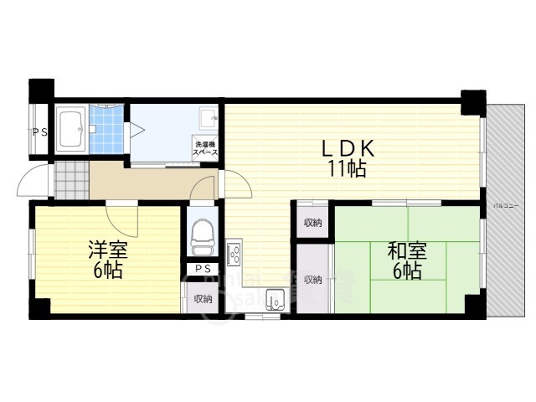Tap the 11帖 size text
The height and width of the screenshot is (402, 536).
coord(346,168)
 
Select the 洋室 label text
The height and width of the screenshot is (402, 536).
coord(107,250)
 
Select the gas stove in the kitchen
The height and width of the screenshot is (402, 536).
coord(234,250)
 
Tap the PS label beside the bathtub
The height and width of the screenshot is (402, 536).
coord(39,131)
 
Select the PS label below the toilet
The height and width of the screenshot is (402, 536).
coord(202,269)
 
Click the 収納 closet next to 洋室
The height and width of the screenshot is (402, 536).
coord(203,299)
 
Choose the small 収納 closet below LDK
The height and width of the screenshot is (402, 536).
coord(312,223)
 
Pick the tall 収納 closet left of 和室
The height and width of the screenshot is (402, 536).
coord(313,279)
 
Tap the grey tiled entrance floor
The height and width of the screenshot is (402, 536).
coord(71,178)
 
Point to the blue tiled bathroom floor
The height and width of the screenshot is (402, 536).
coord(105,130)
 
